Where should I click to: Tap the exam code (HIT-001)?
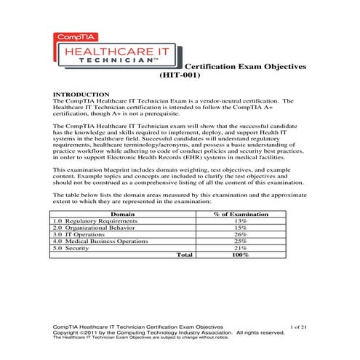point(180,75)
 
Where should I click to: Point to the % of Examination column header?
point(240,215)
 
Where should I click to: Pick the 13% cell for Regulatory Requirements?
point(240,221)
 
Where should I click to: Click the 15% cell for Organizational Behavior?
point(240,228)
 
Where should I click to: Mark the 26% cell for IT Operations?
point(240,235)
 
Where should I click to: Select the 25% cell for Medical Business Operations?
point(240,241)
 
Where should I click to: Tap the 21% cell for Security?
point(240,248)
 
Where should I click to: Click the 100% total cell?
point(240,255)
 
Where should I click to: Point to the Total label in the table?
point(185,255)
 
